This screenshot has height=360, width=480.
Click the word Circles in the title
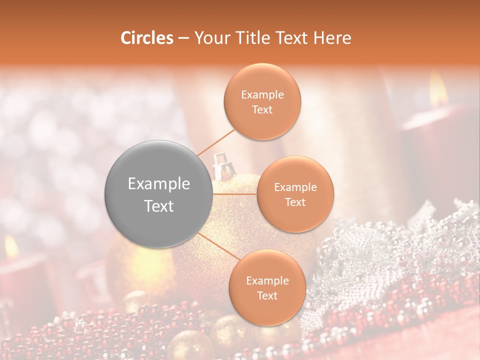146,38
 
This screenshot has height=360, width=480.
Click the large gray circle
159,194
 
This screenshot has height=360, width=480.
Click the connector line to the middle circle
234,194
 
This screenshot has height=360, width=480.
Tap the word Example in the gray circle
159,184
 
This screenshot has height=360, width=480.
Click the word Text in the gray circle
159,206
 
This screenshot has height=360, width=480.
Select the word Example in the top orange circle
262,95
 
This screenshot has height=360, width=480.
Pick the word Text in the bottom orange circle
267,296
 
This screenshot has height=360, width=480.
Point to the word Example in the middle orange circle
295,187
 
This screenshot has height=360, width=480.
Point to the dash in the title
183,38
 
